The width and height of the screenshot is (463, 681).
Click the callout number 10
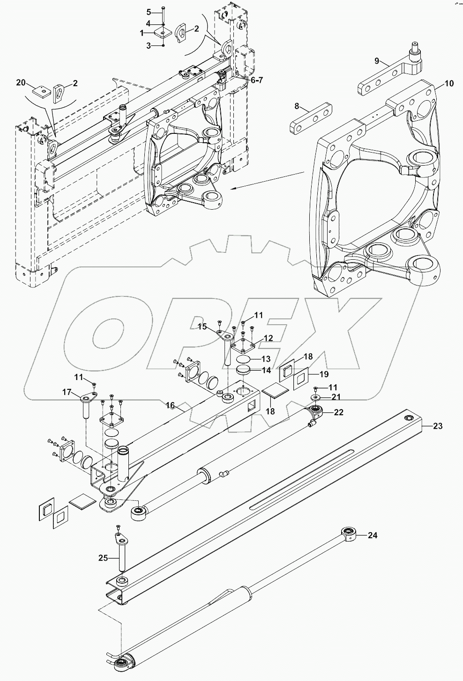(449, 84)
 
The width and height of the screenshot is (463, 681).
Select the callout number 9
(376, 60)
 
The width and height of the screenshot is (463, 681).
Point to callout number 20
(21, 82)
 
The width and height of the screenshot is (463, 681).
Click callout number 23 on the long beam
(437, 426)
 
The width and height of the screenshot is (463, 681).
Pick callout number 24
(373, 535)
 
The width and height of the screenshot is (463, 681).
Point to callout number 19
(323, 374)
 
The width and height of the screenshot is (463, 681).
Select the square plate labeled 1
(162, 33)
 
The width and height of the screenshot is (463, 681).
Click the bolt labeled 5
(163, 10)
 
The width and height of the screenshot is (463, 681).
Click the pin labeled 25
(121, 554)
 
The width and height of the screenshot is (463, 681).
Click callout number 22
(338, 412)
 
